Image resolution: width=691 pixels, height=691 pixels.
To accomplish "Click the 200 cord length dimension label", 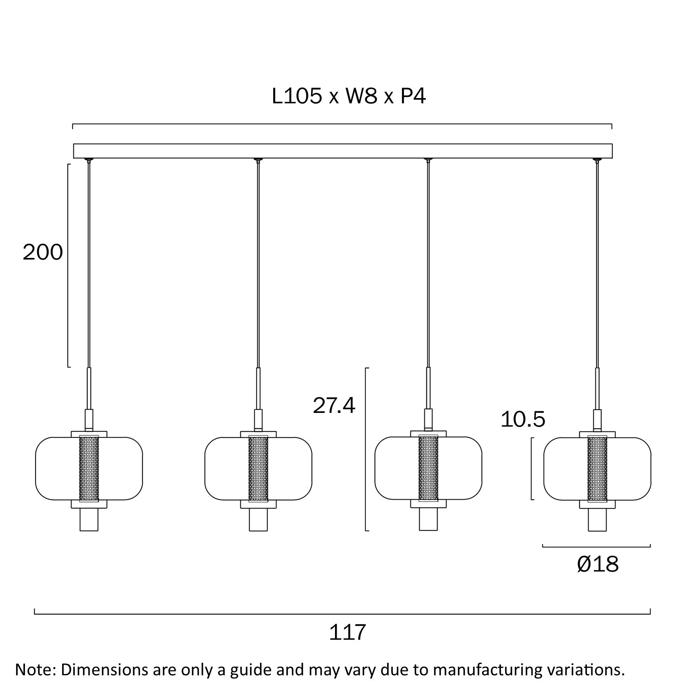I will click(43, 253).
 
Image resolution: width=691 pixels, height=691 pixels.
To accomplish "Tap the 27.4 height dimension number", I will click(334, 406).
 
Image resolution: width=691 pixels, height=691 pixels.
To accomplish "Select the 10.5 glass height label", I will click(523, 419).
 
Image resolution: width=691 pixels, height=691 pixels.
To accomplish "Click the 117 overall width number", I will click(348, 632).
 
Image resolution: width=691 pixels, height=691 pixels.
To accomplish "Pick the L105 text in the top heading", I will click(297, 97).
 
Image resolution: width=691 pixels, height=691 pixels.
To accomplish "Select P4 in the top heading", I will click(413, 97).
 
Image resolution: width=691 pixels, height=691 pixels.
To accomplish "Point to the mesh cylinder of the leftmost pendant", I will click(89, 468).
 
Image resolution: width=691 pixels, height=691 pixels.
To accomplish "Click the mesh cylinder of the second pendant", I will click(258, 468).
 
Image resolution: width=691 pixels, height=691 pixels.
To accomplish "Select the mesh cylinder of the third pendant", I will click(428, 468).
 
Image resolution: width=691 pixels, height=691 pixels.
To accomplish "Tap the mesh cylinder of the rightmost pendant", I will click(597, 468).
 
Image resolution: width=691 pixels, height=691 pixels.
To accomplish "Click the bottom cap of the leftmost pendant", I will click(89, 519).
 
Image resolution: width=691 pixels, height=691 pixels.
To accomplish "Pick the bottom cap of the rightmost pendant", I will click(597, 519).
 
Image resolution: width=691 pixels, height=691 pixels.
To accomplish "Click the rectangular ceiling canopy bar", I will click(342, 151).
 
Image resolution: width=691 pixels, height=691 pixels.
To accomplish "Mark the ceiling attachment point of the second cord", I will click(258, 160).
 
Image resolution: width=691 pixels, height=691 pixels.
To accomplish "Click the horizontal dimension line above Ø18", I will click(596, 547).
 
